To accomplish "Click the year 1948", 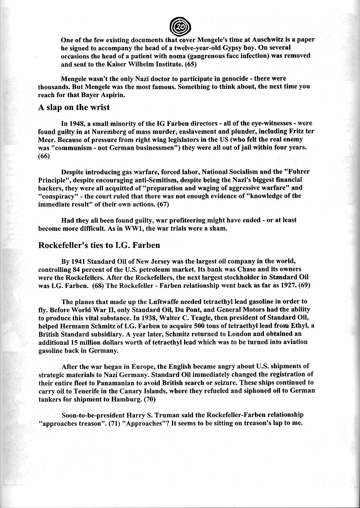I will [76, 123].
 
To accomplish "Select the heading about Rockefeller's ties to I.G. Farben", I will [99, 245].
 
